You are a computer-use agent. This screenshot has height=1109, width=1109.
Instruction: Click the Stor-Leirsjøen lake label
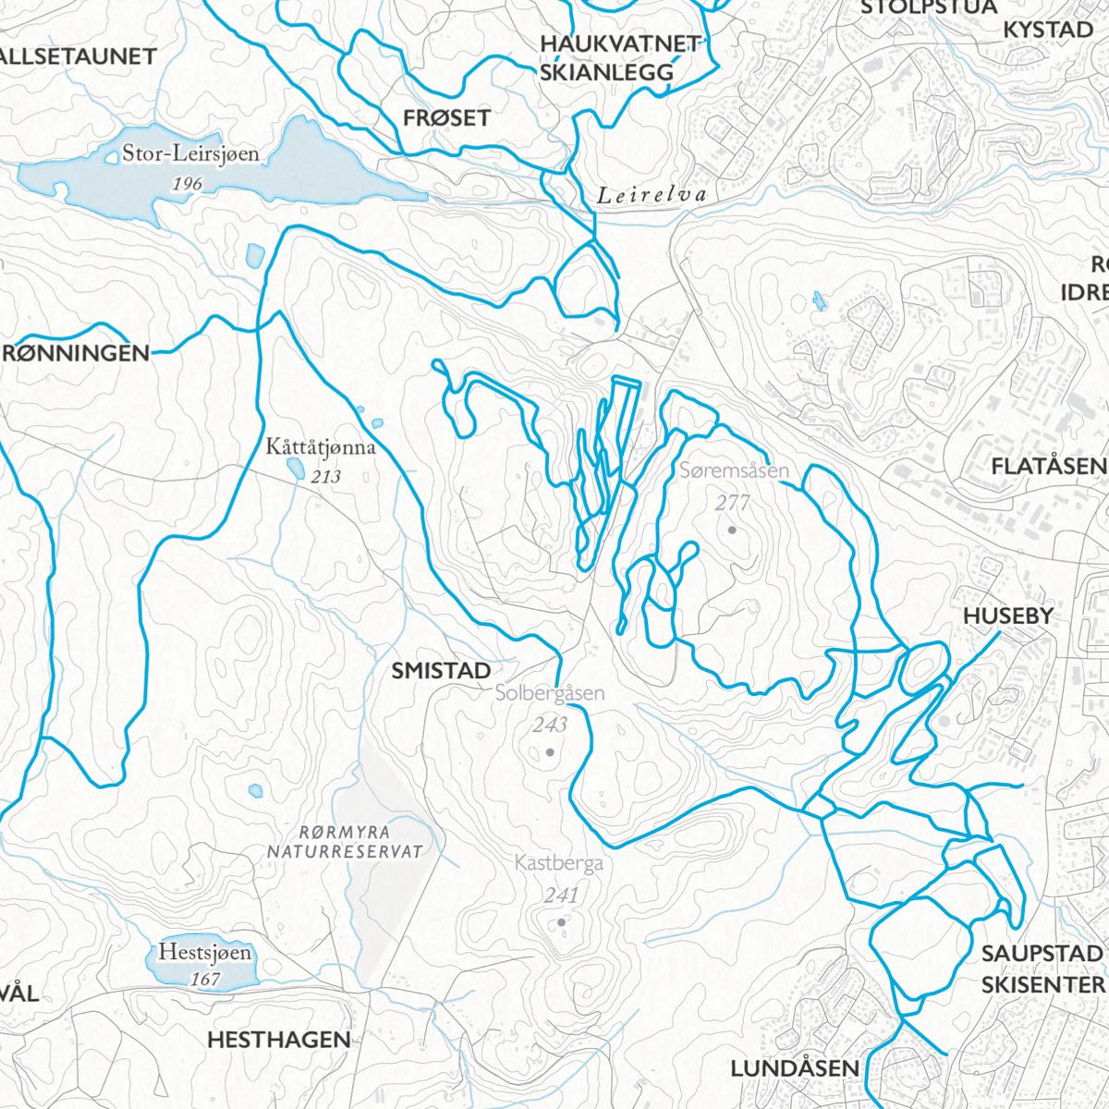(190, 153)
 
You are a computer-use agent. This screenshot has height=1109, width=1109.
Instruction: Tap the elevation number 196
(187, 184)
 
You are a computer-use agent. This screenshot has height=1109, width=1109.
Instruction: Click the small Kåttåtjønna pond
(295, 469)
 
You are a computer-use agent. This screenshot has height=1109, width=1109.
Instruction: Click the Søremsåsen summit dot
(732, 530)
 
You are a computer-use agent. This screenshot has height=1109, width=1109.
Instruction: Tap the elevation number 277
(732, 504)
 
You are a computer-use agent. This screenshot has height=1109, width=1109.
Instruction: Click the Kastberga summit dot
(561, 922)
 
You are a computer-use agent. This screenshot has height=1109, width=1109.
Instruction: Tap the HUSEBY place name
(1008, 616)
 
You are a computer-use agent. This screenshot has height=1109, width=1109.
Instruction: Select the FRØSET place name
(446, 117)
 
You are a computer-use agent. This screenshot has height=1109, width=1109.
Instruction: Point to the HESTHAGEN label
(279, 1039)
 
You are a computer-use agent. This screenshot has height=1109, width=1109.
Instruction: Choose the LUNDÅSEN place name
(795, 1068)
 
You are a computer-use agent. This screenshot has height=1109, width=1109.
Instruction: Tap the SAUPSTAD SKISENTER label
(1042, 968)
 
